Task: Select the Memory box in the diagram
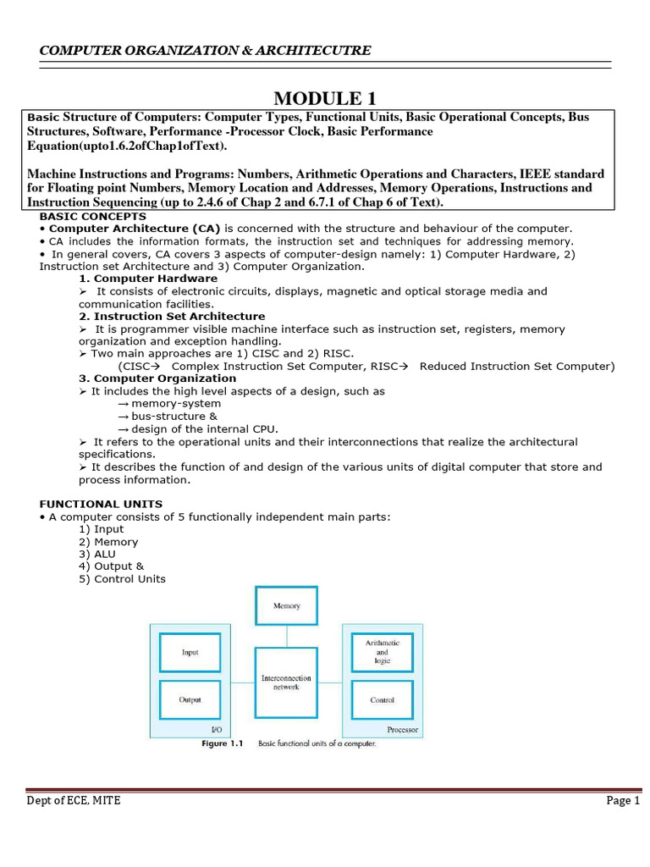(x=286, y=606)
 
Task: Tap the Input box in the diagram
(x=190, y=652)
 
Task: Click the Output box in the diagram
(x=190, y=700)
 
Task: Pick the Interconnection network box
(x=286, y=682)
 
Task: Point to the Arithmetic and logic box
(x=382, y=652)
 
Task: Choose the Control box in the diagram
(x=382, y=700)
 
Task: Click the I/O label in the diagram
(x=215, y=729)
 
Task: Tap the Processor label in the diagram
(x=402, y=729)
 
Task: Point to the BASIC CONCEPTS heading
(x=82, y=217)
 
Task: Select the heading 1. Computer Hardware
(x=148, y=279)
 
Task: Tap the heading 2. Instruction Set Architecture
(x=172, y=316)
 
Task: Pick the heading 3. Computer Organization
(x=157, y=378)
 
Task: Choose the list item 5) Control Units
(x=122, y=579)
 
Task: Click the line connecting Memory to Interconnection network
(x=286, y=637)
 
